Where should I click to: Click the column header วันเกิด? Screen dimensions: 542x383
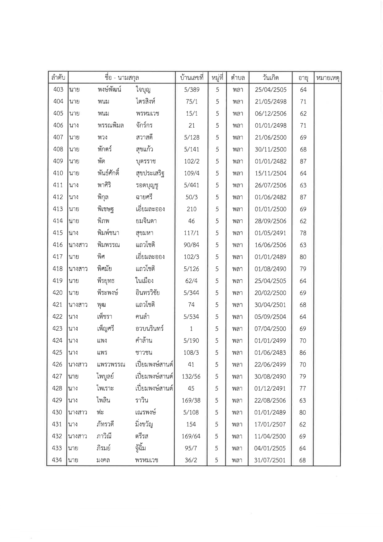(x=271, y=78)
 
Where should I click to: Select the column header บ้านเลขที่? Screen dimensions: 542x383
(x=192, y=78)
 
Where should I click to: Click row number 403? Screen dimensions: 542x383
(x=58, y=90)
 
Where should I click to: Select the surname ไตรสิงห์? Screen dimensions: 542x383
(x=145, y=101)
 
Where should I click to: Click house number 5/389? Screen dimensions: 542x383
(x=192, y=90)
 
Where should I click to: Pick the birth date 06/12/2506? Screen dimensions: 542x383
(x=271, y=113)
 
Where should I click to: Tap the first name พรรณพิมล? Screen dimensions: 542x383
(x=110, y=125)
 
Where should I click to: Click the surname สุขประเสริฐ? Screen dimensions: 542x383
(x=150, y=173)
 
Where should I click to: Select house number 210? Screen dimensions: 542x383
(x=192, y=209)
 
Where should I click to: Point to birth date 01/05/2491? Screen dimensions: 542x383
(x=271, y=233)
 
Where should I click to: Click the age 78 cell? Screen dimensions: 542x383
(x=303, y=233)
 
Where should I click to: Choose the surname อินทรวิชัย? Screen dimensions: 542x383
(x=148, y=293)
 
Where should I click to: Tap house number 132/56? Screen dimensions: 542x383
(x=191, y=376)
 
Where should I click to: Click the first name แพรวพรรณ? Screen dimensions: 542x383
(x=111, y=365)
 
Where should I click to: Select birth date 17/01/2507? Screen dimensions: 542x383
(x=270, y=424)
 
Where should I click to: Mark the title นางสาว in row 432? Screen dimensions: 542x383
(x=78, y=436)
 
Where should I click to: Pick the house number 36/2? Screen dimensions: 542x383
(x=191, y=460)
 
